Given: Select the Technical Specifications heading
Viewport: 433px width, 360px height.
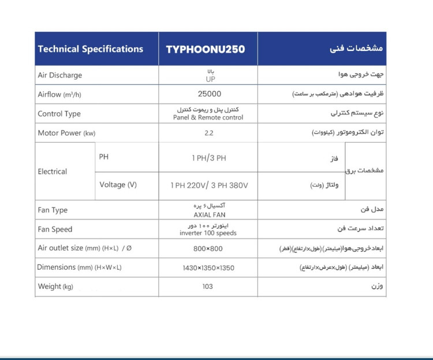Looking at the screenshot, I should point(91,49).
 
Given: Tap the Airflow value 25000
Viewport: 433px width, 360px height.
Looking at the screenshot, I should point(208,94).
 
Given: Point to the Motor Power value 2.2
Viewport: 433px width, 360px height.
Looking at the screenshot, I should point(208,133).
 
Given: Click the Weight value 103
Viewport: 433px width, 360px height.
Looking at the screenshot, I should point(208,286).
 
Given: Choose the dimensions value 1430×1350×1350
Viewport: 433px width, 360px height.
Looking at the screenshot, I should point(208,268).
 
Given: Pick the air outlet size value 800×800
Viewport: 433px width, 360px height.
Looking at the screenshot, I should point(208,248).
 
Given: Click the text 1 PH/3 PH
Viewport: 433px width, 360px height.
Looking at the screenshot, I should point(208,158).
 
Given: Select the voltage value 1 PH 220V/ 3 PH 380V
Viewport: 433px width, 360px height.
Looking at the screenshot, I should point(208,185).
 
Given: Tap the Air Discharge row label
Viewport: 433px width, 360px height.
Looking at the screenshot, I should point(60,75).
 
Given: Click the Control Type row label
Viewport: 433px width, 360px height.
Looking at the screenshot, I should point(59,114).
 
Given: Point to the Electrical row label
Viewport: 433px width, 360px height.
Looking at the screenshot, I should point(53,172).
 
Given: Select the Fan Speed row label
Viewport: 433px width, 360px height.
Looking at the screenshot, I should point(55,229).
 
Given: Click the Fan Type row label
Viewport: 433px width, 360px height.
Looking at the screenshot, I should point(53,210).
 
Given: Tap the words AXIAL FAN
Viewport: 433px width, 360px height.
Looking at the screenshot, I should point(208,214).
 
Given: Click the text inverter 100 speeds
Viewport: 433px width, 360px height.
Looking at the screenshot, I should point(208,233).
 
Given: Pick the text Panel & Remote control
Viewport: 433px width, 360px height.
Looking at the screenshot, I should point(208,117).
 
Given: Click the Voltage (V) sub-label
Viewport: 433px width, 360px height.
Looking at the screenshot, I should point(118,185).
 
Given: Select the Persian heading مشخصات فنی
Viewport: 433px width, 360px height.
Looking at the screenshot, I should point(360,49).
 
